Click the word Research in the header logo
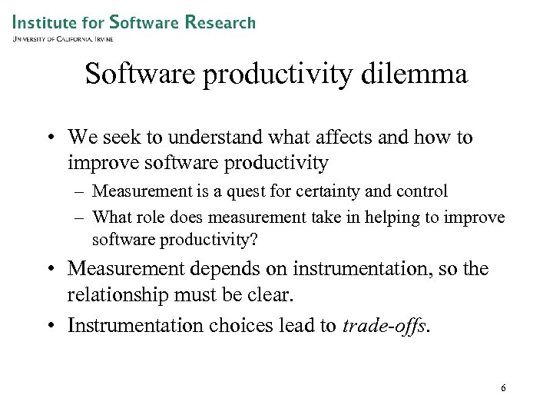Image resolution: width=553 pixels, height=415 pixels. (x=219, y=22)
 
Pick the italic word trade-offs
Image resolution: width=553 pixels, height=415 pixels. (x=386, y=326)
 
